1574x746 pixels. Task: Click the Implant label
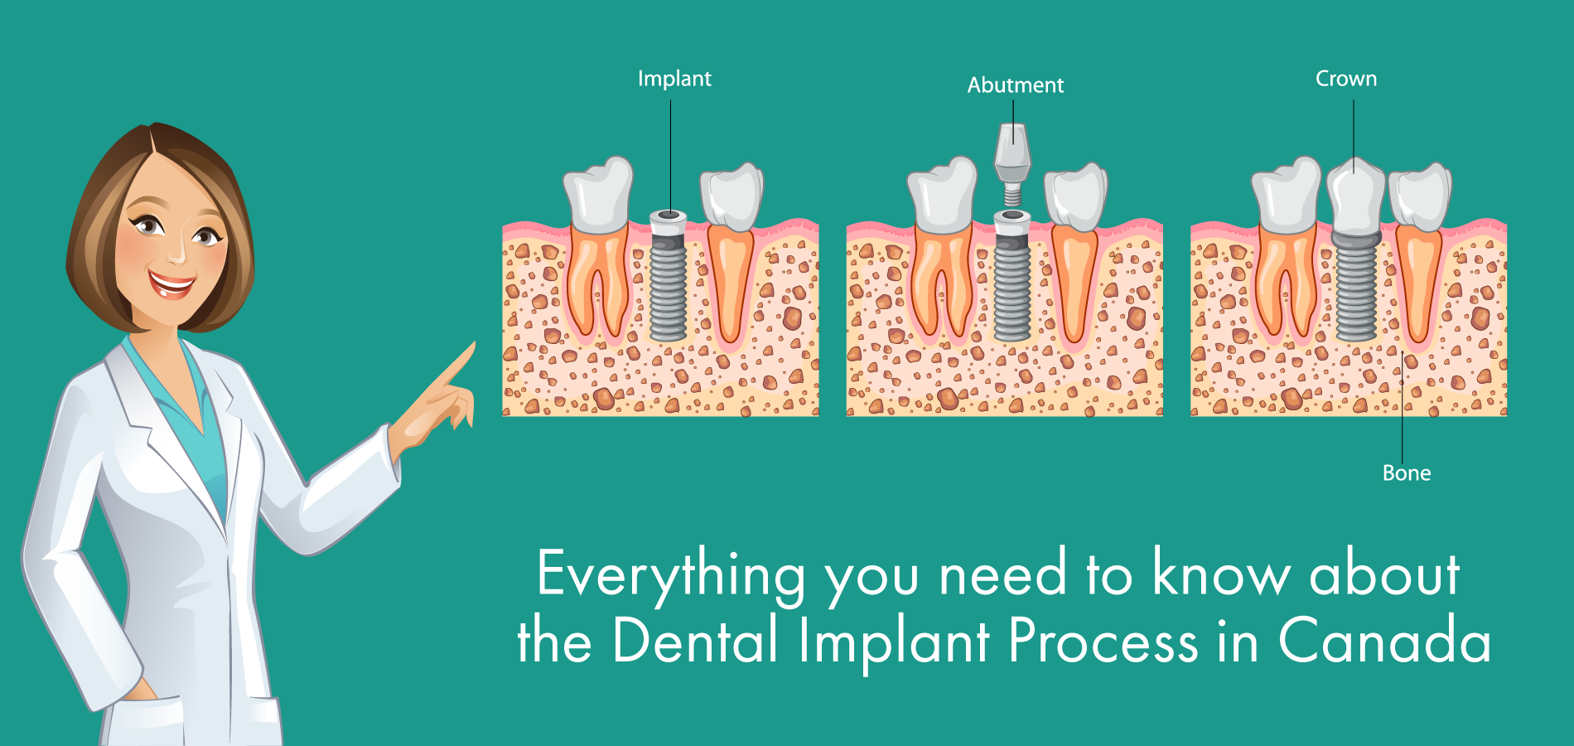pos(674,79)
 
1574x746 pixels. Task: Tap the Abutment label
pos(1015,85)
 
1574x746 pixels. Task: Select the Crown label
pos(1346,79)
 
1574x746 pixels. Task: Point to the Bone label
pos(1407,473)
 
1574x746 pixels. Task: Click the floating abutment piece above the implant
pos(1012,157)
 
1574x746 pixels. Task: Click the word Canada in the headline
pos(1384,641)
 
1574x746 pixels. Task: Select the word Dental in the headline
pos(696,641)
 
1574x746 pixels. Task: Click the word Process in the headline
pos(1103,641)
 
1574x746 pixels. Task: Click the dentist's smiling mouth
pos(172,285)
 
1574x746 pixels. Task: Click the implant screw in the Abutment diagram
pos(1012,282)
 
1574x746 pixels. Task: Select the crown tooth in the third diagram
pos(1355,199)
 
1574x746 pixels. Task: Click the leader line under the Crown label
pos(1354,133)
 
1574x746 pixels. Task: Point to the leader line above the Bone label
pos(1402,414)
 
